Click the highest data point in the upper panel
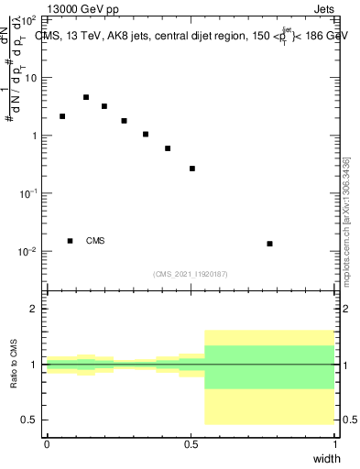86,97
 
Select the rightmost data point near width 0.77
269,244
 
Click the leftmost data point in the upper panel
62,116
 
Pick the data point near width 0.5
192,169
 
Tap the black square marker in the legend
70,241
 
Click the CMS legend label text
95,241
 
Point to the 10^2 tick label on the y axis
28,19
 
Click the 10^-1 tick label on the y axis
27,193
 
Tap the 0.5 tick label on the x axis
191,444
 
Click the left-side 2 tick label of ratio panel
37,309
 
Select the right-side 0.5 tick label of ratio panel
347,420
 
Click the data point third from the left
104,106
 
